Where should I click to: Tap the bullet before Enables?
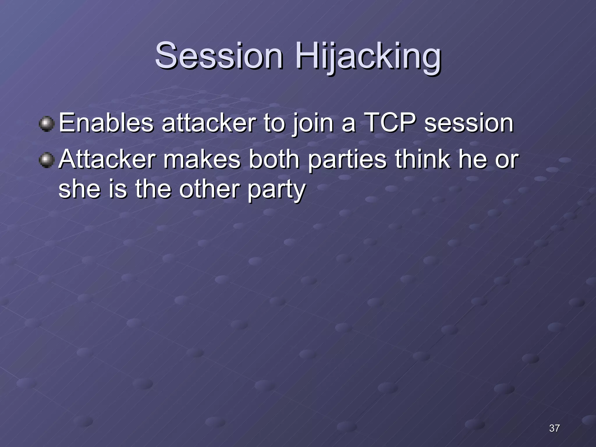pyautogui.click(x=47, y=124)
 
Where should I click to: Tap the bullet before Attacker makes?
pyautogui.click(x=47, y=160)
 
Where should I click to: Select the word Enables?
pyautogui.click(x=106, y=123)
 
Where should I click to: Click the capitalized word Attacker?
pyautogui.click(x=107, y=159)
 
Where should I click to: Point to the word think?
pyautogui.click(x=422, y=159)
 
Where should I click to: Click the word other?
pyautogui.click(x=210, y=189)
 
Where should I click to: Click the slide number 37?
pyautogui.click(x=554, y=428)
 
